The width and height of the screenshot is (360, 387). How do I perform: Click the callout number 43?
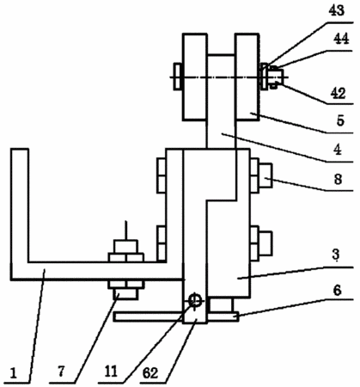[337, 10]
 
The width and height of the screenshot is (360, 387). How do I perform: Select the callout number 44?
[341, 39]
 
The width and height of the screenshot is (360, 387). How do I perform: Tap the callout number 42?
[338, 93]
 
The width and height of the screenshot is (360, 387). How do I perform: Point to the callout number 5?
[340, 120]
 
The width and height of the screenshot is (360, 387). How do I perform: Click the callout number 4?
[338, 150]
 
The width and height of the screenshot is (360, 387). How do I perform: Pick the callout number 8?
[338, 179]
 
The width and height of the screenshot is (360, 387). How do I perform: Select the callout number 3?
[336, 255]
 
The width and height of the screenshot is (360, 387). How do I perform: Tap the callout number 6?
[338, 290]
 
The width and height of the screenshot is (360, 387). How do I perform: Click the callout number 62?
[150, 373]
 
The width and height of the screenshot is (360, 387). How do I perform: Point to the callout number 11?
[111, 372]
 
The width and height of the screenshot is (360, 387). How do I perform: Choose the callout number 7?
[61, 372]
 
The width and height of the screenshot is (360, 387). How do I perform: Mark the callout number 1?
[13, 373]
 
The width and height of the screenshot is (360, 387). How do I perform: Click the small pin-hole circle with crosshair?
[196, 301]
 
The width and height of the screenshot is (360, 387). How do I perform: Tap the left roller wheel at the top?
[195, 77]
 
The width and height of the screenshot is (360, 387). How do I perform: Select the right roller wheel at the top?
[247, 77]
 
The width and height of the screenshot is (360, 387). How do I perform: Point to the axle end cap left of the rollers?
[178, 77]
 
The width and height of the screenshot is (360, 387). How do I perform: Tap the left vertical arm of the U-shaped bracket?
[20, 213]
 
